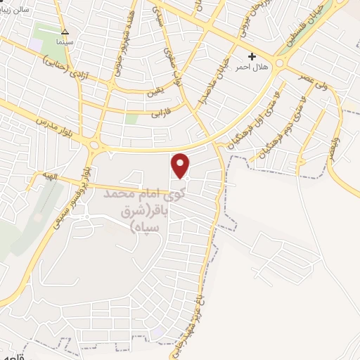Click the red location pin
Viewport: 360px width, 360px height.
181,165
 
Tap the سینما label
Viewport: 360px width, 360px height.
65,41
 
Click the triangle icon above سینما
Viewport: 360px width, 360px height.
65,32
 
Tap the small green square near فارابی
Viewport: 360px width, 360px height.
131,118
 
